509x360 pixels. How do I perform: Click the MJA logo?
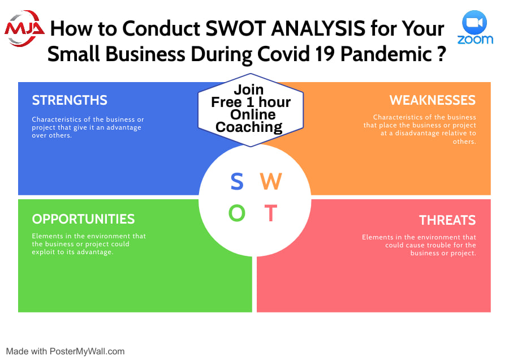(x=24, y=29)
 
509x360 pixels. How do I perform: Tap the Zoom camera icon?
(x=475, y=23)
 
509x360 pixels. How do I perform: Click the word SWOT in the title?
(x=236, y=28)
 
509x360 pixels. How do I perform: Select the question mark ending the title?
(x=441, y=54)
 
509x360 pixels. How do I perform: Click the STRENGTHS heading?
(x=70, y=100)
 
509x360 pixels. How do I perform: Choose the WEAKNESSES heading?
(x=433, y=100)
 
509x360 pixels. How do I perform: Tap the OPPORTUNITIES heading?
(x=83, y=219)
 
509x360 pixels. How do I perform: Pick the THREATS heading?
(x=447, y=220)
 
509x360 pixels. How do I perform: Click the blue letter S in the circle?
(x=237, y=181)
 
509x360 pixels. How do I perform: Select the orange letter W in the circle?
(x=271, y=181)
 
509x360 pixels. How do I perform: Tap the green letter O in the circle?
(x=237, y=213)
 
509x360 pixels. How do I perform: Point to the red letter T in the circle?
(x=271, y=213)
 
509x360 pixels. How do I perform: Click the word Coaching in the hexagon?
(x=249, y=127)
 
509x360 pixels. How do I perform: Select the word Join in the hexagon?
(x=249, y=89)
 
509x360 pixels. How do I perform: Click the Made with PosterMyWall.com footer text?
(x=65, y=352)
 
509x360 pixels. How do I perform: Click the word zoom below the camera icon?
(x=475, y=40)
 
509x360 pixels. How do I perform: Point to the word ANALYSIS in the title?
(x=318, y=28)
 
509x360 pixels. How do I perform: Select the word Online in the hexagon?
(x=253, y=115)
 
